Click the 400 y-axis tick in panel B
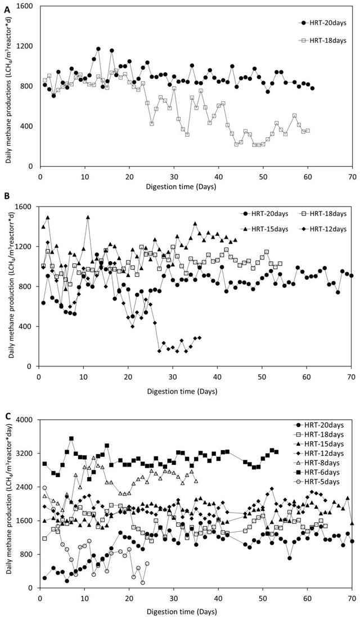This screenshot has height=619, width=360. point(29,326)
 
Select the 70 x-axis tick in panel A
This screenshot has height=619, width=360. point(352,174)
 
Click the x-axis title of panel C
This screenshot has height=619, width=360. point(195,611)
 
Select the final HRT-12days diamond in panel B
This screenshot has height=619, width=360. point(200,338)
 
